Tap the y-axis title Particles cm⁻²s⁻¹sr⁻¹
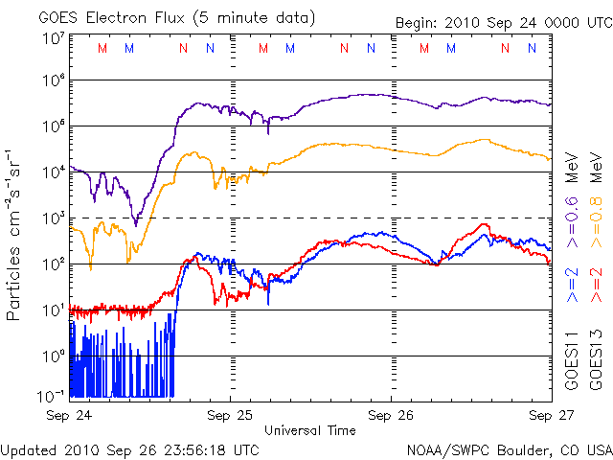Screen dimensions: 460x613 (x=16, y=234)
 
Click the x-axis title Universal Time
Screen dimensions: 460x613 (x=309, y=430)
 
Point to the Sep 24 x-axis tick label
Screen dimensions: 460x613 (x=69, y=416)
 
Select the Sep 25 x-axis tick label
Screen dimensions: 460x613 (x=230, y=416)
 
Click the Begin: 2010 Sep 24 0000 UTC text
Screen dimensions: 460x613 (x=502, y=22)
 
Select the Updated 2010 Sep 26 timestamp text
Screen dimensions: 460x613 (x=130, y=448)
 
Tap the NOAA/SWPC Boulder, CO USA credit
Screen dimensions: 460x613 (x=509, y=448)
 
